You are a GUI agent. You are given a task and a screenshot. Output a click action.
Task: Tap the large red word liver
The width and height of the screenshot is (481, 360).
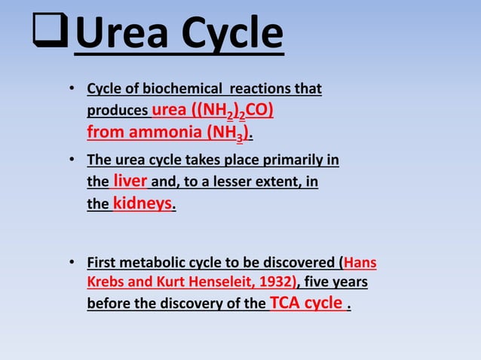tap(130, 181)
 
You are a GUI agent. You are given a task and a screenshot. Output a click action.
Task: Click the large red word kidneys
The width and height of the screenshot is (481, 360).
tap(143, 203)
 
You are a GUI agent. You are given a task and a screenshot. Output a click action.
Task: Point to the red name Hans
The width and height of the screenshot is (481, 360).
tap(360, 264)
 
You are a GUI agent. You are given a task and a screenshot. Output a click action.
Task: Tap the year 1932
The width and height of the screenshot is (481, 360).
tap(278, 283)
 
